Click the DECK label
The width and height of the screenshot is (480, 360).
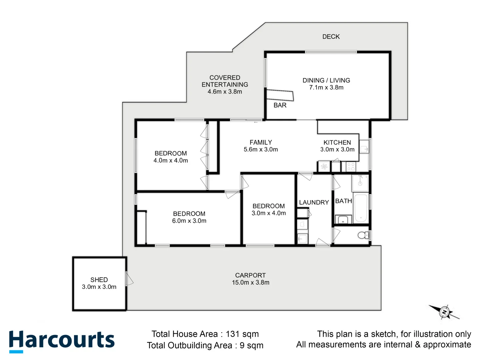tap(331, 37)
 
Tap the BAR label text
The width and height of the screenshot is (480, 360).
tap(280, 105)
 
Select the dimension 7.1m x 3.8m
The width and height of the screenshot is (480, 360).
tap(326, 88)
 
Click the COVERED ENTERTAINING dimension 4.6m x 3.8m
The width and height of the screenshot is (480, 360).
tap(225, 92)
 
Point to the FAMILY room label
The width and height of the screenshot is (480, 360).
tap(261, 142)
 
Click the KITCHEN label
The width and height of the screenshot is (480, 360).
tap(337, 142)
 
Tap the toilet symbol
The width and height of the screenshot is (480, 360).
tap(362, 235)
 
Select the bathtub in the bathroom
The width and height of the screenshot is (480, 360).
tap(361, 208)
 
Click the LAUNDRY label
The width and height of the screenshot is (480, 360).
tap(314, 202)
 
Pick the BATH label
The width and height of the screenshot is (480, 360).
tap(343, 201)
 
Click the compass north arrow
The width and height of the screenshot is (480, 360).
tap(444, 312)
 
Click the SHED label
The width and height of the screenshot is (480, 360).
tap(99, 280)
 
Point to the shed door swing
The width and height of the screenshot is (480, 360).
tap(129, 279)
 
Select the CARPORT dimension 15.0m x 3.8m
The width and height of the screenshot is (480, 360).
tap(250, 283)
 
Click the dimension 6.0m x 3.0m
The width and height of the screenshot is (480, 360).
tap(189, 221)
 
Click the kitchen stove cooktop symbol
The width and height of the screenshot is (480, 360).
tap(351, 166)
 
